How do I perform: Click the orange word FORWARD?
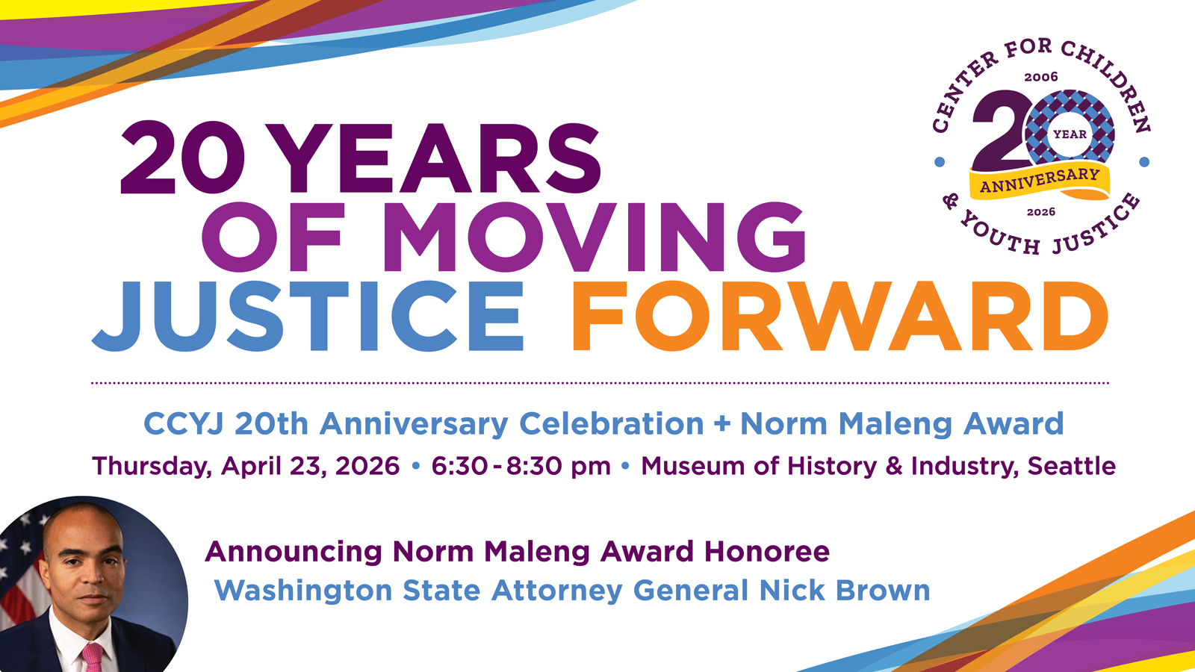839,316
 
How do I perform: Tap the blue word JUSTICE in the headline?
308,316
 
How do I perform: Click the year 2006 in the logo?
1041,78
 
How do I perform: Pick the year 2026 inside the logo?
1041,212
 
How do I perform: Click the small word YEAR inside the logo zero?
1070,134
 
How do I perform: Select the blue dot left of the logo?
940,161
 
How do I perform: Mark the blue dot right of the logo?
1144,161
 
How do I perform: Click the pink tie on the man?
93,658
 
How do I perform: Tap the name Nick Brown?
845,591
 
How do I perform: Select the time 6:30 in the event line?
459,466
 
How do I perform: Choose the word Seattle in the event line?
1072,466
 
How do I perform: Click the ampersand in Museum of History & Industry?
893,466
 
